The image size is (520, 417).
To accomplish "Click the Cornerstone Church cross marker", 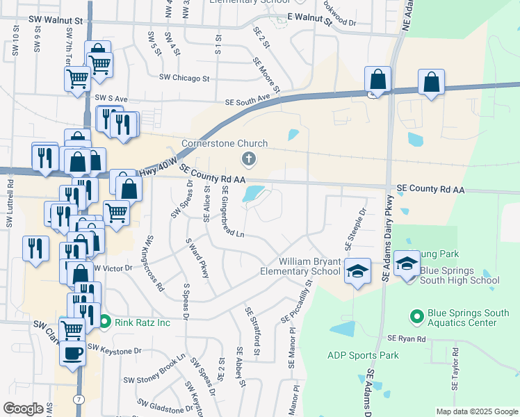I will tap(248, 161).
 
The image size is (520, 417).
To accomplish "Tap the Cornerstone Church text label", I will tap(225, 144).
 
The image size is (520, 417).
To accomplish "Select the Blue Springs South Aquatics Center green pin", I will tap(417, 317).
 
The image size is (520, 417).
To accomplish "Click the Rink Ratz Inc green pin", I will tap(105, 322).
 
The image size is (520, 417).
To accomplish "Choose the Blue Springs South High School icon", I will tap(406, 264).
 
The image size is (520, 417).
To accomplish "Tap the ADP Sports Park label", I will tap(363, 355).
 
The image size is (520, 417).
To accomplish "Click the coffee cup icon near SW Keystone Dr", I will tap(72, 353).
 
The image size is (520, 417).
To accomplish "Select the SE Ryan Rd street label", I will tap(406, 338).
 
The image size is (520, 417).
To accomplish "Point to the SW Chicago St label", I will tap(184, 78).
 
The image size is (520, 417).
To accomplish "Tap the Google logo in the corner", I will tap(23, 409).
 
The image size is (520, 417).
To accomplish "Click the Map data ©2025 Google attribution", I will tap(476, 411).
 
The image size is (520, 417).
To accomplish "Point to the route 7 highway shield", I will tap(81, 398).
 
